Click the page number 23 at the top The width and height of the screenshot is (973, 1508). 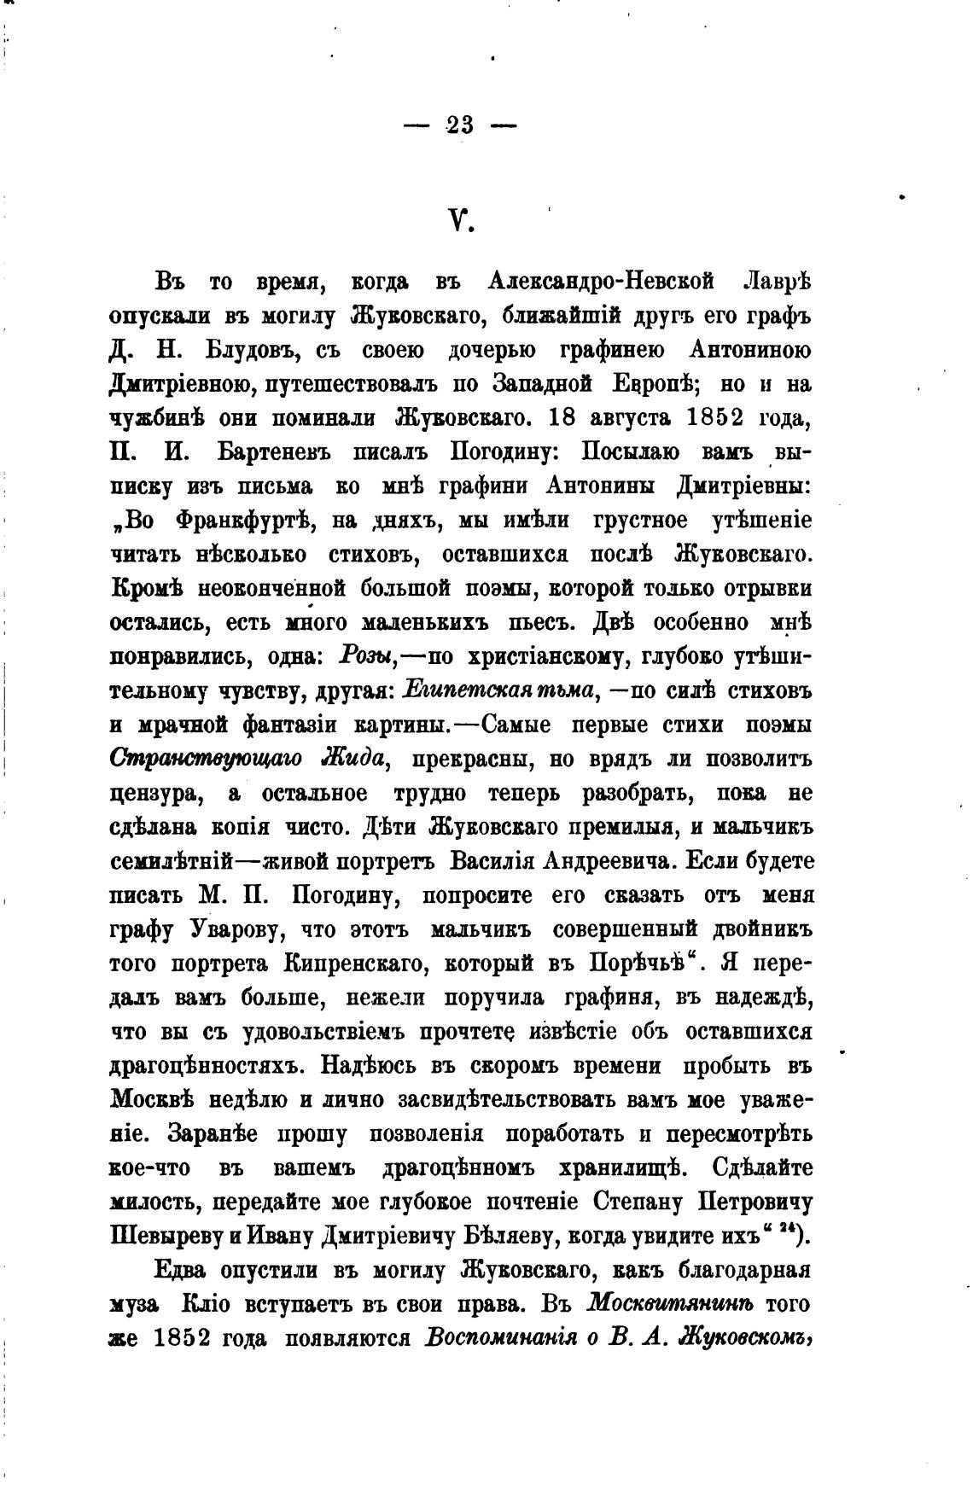459,125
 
